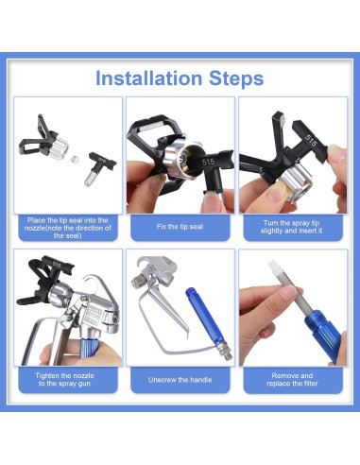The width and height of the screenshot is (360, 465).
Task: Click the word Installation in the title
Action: pos(148,78)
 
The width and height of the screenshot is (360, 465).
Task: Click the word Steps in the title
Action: pos(236,78)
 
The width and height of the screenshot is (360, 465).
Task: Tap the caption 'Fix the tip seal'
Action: pos(180,227)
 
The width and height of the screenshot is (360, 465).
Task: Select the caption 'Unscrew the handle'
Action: pos(180,380)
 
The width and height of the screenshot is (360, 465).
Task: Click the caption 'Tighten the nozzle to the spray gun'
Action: pos(64,379)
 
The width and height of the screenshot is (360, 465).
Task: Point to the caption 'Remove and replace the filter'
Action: pos(292,379)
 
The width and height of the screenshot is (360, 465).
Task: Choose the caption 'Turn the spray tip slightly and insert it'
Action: pos(292,227)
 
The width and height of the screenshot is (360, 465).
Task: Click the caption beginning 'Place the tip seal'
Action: pos(68,228)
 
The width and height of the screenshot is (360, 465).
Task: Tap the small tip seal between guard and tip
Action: pos(74,159)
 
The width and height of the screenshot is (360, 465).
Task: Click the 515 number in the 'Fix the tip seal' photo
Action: pos(209,162)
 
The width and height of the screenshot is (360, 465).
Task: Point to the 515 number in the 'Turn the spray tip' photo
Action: pos(311,141)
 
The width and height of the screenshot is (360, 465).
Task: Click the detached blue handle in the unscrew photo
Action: pos(205,316)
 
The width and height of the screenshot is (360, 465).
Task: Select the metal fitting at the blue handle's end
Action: pos(227,351)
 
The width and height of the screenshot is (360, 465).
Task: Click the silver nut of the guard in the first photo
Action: pos(59,147)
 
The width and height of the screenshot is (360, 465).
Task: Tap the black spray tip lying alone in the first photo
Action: pos(99,168)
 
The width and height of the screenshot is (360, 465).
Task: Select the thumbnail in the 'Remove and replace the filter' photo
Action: pos(287,293)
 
